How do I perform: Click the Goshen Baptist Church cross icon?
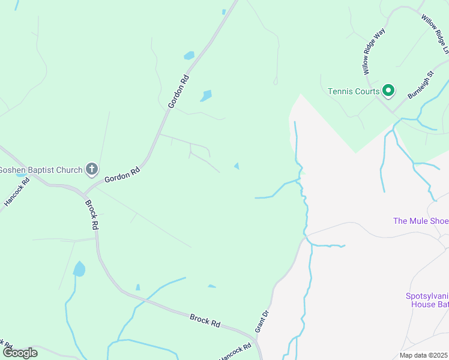coord(91,169)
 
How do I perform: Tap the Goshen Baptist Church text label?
coord(41,170)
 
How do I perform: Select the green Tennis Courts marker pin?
coord(388,91)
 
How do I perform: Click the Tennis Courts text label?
coord(354,91)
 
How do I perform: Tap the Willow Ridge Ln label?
coord(435,34)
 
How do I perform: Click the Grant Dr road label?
coord(261,322)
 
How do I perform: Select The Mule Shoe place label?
coord(420,221)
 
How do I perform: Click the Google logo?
coord(20,353)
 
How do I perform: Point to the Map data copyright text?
coord(423,355)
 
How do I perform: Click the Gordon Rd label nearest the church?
coord(122,175)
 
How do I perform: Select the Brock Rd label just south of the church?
coord(91,215)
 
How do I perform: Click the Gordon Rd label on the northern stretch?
coord(178,91)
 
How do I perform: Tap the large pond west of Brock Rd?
coord(79,269)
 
